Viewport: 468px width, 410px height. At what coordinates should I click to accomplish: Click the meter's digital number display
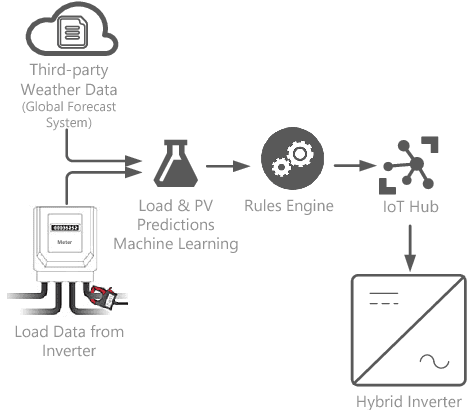[x=68, y=228]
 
